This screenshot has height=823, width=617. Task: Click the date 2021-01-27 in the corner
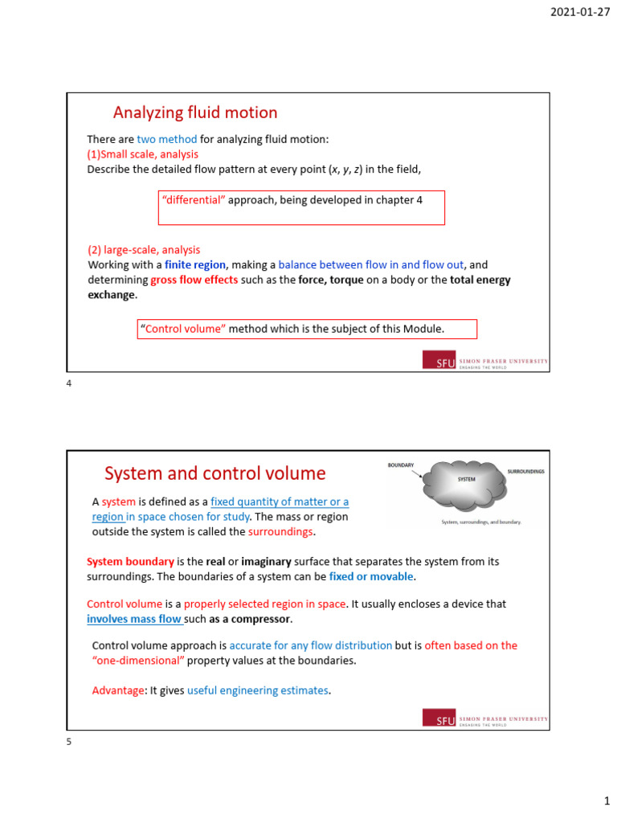coord(580,12)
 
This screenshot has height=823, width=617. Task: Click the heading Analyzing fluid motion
coord(195,113)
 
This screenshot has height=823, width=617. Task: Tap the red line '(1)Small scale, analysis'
coord(142,154)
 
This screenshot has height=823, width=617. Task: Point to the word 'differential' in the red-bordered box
coord(194,200)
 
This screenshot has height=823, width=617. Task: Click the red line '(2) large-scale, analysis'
coord(144,250)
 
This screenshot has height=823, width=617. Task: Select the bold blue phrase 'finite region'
coord(195,264)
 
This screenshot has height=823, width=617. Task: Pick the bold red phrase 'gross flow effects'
coord(194,280)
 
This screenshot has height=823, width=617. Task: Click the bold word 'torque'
coord(345,280)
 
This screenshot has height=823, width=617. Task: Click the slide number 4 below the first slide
coord(69,384)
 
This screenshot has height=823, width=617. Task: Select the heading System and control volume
coord(215,473)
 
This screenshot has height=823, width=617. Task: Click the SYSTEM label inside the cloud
coord(467,479)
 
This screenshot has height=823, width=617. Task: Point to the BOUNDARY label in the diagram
coord(400,465)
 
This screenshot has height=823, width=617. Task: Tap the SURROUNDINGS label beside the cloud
coord(525,471)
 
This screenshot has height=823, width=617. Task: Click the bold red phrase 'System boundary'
coord(130,562)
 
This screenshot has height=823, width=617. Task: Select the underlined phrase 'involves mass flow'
coord(134,619)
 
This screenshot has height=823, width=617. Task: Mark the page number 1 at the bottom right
coord(607,801)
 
